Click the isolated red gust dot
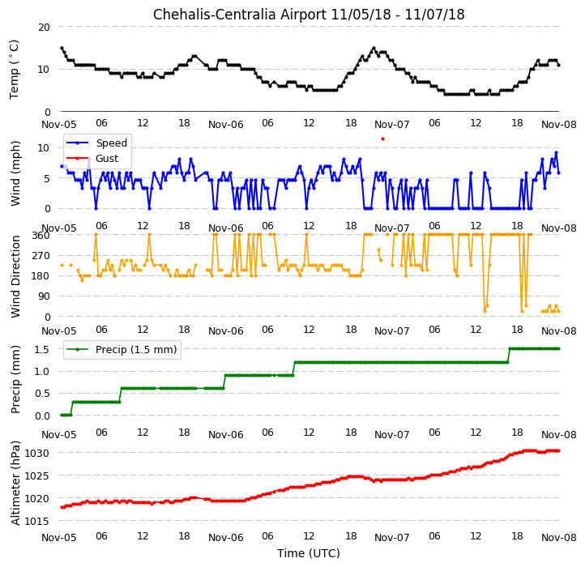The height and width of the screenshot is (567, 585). [x=382, y=139]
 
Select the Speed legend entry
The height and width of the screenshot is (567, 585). [x=96, y=143]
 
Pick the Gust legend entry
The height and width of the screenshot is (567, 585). [x=92, y=159]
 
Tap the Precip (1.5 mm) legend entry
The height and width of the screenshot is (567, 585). [x=122, y=350]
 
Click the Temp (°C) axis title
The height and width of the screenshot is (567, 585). [x=14, y=70]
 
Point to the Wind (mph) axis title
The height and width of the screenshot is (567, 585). [x=15, y=173]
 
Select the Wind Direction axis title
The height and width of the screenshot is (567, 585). [x=15, y=276]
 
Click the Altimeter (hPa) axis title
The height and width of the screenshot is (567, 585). [x=15, y=483]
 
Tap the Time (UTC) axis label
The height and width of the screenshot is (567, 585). [x=309, y=553]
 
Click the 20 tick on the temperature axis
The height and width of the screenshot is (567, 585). [x=44, y=28]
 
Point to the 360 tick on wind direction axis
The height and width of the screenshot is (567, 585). [x=41, y=236]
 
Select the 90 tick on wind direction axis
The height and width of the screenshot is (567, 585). [x=44, y=296]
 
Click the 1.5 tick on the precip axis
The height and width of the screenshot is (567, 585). [x=42, y=350]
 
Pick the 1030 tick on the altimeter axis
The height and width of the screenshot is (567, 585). [x=37, y=454]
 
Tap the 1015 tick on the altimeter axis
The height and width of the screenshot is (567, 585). [x=37, y=521]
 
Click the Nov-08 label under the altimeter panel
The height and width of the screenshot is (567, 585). [x=559, y=538]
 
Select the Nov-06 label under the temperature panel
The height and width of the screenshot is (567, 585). [x=226, y=125]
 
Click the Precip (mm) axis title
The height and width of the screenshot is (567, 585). [x=15, y=379]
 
